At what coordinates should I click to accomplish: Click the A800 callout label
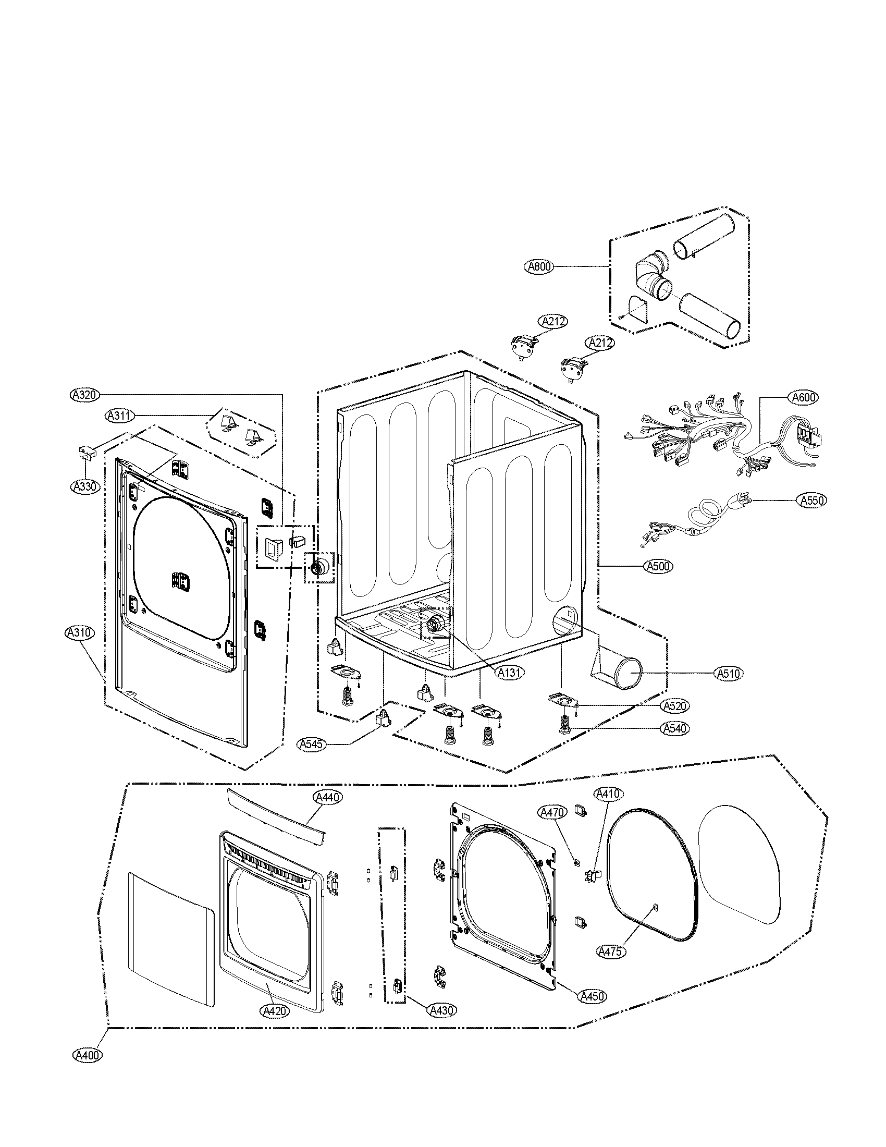(x=539, y=267)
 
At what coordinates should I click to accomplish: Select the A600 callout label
(x=804, y=398)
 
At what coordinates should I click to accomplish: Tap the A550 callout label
(x=811, y=501)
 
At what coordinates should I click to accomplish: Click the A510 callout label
(x=730, y=673)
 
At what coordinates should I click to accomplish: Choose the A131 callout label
(x=510, y=672)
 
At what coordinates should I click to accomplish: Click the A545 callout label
(x=312, y=743)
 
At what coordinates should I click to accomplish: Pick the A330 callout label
(x=84, y=486)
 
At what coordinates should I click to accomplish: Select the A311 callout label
(x=119, y=416)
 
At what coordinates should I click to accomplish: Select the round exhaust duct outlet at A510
(x=628, y=673)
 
